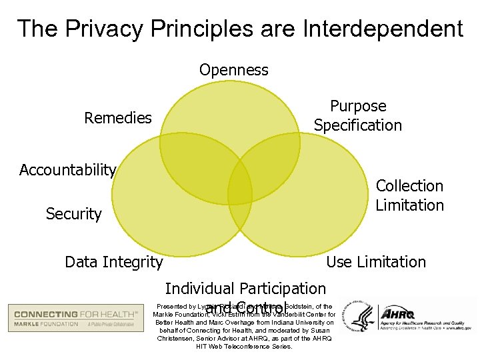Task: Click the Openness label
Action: pyautogui.click(x=233, y=70)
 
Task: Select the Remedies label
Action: pyautogui.click(x=118, y=118)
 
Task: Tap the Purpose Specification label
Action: pyautogui.click(x=358, y=115)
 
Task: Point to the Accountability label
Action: pyautogui.click(x=68, y=170)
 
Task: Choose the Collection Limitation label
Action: pyautogui.click(x=409, y=195)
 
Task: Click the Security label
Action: pyautogui.click(x=73, y=214)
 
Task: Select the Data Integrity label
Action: pyautogui.click(x=113, y=262)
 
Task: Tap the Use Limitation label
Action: pyautogui.click(x=376, y=262)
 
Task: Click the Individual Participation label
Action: pyautogui.click(x=245, y=289)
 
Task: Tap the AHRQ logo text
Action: pyautogui.click(x=397, y=313)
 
